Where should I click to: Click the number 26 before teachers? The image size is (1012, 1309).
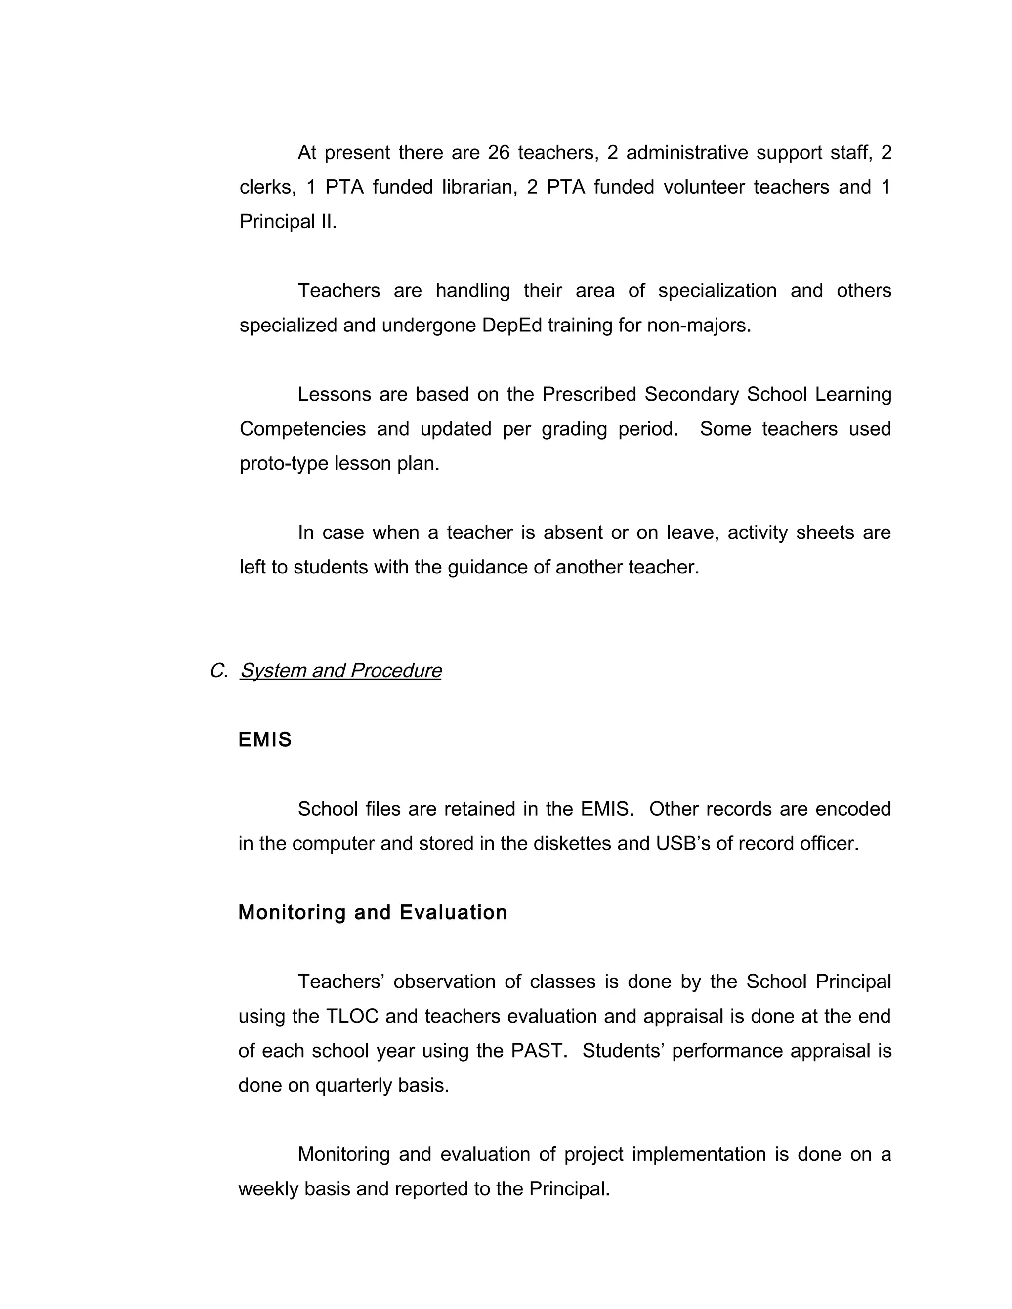[498, 153]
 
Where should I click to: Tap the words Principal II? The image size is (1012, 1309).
[288, 222]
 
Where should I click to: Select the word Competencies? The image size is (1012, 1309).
[303, 429]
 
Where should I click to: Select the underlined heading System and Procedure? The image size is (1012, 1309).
[340, 671]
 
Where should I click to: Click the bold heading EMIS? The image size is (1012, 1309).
[264, 740]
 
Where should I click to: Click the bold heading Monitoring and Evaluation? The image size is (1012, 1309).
[372, 913]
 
